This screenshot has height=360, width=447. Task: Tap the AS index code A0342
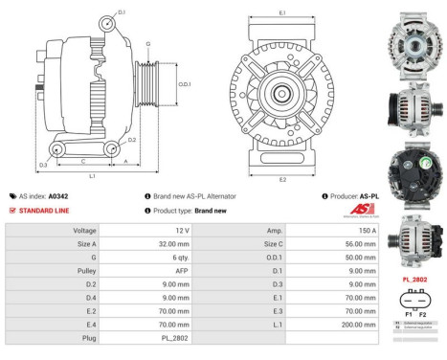(85, 195)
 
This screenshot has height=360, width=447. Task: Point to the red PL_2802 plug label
(414, 278)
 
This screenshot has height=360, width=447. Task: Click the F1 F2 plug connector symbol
(414, 301)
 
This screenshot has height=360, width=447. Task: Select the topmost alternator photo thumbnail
(415, 41)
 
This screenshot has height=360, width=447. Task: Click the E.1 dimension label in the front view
(281, 12)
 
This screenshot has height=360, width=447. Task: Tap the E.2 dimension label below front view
(281, 179)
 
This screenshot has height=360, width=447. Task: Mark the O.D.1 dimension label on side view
(185, 83)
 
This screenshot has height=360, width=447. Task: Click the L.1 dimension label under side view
(92, 176)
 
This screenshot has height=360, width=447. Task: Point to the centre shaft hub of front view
(281, 94)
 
